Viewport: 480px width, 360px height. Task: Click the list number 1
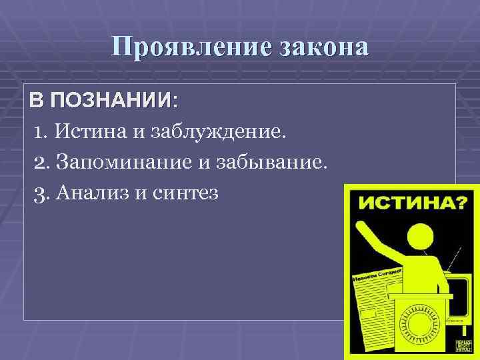point(39,131)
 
